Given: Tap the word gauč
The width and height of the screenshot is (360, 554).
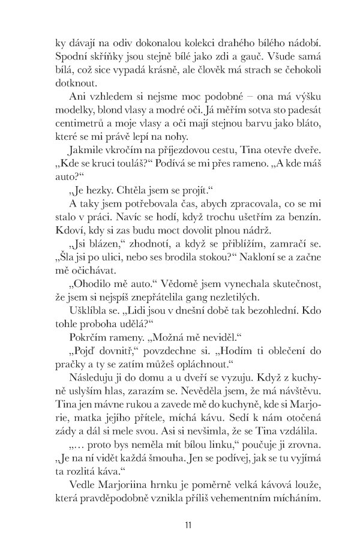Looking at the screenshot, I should pos(250,59).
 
